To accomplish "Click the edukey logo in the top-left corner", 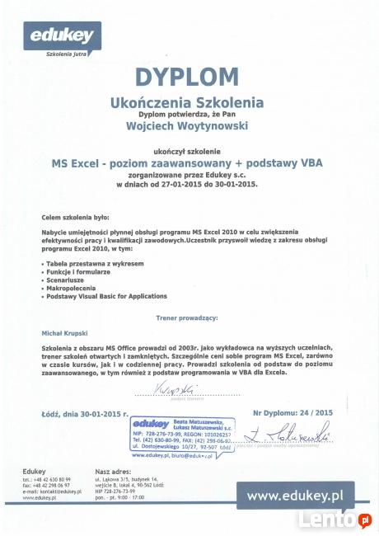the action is click(x=62, y=37).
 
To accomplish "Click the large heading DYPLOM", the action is click(x=187, y=77).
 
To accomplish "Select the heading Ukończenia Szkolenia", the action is click(x=188, y=103).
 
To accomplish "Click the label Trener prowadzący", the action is click(x=187, y=317).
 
